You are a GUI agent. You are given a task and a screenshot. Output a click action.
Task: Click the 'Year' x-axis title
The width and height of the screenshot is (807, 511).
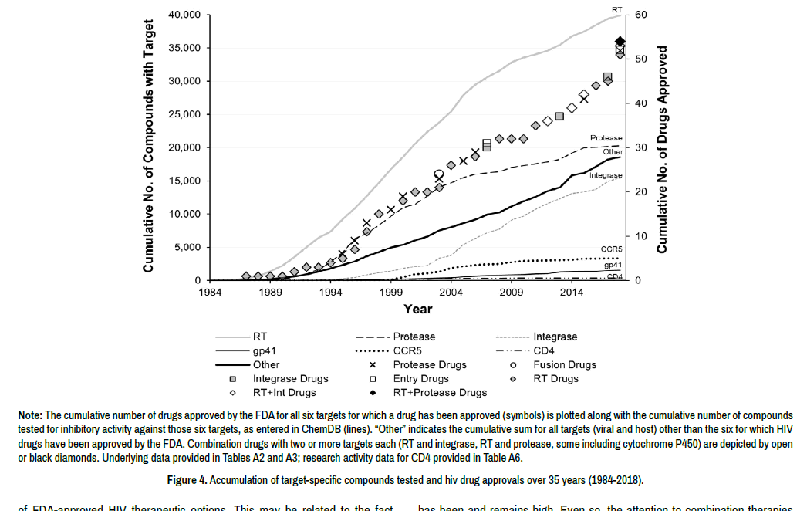tap(417, 310)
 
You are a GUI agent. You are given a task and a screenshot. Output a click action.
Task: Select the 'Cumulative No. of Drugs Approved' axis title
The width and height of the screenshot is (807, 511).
tap(662, 147)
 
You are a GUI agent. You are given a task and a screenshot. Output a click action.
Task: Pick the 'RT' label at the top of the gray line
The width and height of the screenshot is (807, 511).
tap(616, 9)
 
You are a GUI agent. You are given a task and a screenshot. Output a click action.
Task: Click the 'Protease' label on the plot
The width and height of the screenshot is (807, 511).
tap(606, 138)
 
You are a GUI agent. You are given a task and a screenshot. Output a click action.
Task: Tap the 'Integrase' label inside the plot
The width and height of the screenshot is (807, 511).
tap(606, 176)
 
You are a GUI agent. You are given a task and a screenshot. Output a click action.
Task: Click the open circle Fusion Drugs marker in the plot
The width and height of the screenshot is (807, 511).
tap(439, 174)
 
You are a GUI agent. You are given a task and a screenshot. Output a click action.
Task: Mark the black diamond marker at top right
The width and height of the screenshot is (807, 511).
tap(620, 42)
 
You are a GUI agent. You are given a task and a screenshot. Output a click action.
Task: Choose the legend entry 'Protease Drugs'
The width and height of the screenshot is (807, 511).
tap(424, 365)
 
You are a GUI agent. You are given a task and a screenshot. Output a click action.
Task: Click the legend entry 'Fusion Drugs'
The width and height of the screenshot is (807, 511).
tap(565, 365)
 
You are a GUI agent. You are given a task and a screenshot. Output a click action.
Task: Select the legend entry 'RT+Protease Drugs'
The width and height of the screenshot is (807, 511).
tap(440, 393)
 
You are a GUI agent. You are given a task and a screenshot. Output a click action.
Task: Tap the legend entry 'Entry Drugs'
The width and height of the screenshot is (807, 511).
tap(420, 379)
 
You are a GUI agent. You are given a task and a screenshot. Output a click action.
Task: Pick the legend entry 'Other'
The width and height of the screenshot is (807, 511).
tap(266, 365)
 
